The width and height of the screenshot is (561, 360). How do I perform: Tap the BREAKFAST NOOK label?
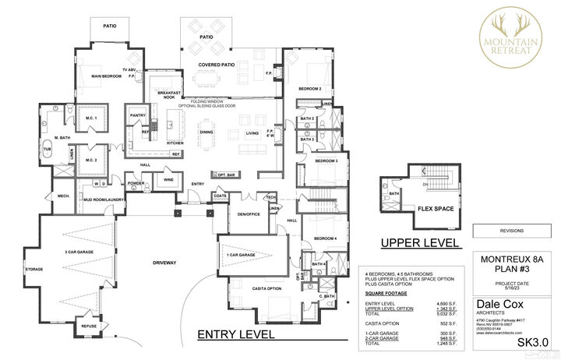[x=167, y=94]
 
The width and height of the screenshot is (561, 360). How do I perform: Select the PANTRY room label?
[x=139, y=115]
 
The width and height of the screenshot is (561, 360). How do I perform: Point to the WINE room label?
[x=168, y=180]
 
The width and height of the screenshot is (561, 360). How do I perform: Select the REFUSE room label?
[x=88, y=326]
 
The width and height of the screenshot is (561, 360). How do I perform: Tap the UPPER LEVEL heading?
[x=419, y=243]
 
